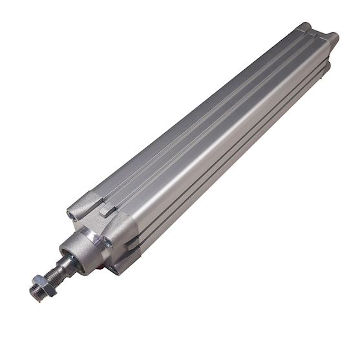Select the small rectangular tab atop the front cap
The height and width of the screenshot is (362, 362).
(107, 209)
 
